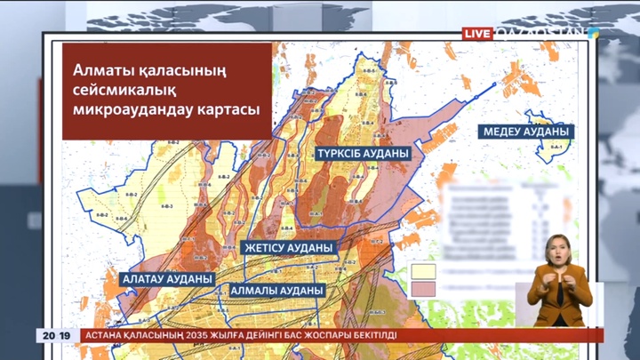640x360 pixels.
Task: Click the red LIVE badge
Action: click(477, 33)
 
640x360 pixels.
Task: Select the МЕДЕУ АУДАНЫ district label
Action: click(527, 131)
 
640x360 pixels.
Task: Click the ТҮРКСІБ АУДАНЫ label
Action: click(362, 153)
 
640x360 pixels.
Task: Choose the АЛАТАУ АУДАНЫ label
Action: click(167, 278)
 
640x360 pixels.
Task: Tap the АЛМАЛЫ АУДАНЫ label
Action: click(276, 290)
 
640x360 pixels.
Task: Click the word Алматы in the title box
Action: click(99, 72)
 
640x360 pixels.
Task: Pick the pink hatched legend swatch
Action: click(422, 287)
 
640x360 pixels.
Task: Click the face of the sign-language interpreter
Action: click(558, 249)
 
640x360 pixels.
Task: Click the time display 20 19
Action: click(56, 335)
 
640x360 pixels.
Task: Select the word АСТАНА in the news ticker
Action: click(108, 335)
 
